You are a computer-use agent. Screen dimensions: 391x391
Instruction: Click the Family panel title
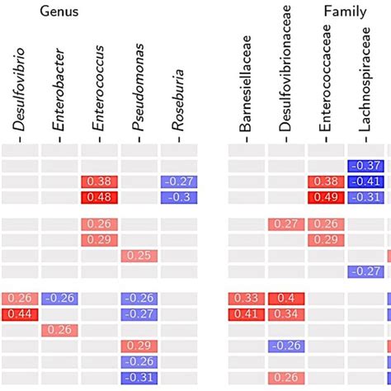[x=345, y=12]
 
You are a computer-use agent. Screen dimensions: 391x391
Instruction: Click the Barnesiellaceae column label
[x=247, y=87]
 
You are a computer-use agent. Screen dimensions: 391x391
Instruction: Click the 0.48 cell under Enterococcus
[x=98, y=197]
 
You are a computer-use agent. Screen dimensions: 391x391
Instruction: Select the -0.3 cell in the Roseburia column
[x=178, y=197]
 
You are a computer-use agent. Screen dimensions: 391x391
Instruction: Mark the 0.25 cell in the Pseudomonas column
[x=139, y=256]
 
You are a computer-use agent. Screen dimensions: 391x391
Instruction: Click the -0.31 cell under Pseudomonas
[x=139, y=377]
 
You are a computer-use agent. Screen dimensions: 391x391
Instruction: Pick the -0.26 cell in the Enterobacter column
[x=59, y=299]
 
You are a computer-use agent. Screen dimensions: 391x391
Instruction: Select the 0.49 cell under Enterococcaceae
[x=326, y=197]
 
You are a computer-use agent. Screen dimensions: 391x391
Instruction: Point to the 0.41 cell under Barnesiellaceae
[x=247, y=314]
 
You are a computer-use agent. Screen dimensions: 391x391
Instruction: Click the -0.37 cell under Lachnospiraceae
[x=365, y=166]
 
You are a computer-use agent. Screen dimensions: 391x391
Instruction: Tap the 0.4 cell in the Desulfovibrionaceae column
[x=286, y=299]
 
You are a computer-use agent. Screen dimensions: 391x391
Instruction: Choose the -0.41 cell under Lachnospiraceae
[x=365, y=181]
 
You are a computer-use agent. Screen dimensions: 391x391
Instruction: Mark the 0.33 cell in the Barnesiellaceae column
[x=247, y=299]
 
